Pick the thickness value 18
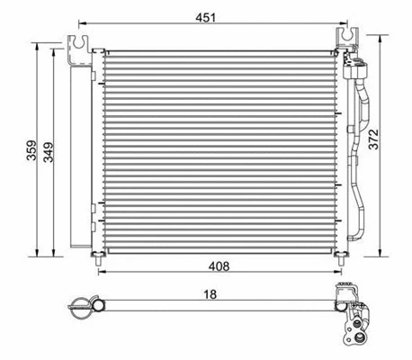pyautogui.click(x=209, y=292)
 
